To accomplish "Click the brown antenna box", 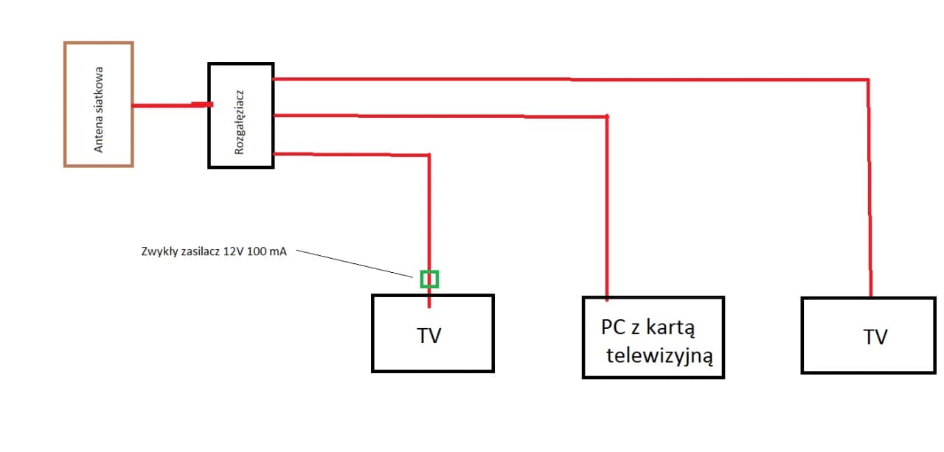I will (98, 44).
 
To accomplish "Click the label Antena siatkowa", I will (99, 110).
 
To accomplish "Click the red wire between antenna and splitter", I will (170, 105).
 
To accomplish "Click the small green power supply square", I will (429, 279).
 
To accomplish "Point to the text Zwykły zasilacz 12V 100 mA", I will (213, 251).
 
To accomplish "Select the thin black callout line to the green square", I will (354, 264).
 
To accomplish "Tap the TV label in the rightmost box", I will (875, 337).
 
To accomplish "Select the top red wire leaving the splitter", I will (568, 79).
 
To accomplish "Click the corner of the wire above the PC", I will (606, 117).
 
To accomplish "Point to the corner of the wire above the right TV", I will (868, 80).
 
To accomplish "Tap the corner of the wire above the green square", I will (428, 155).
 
